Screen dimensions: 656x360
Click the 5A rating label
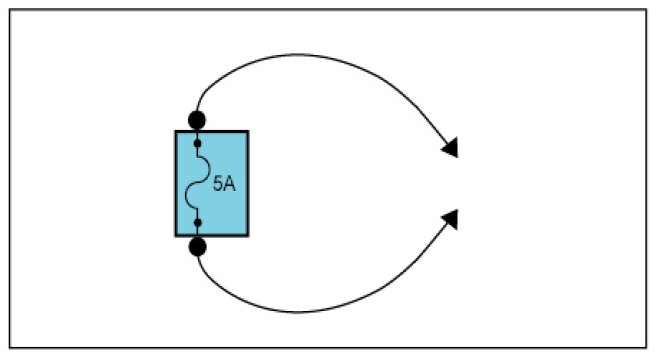click(x=224, y=184)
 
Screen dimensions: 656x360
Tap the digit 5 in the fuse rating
click(x=218, y=184)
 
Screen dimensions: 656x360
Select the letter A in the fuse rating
click(x=230, y=184)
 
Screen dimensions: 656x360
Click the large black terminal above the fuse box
click(x=197, y=120)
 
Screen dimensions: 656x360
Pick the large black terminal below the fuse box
click(x=197, y=247)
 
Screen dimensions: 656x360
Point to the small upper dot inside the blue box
click(x=198, y=144)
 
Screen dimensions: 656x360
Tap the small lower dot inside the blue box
click(x=198, y=223)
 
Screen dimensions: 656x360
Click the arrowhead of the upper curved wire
click(x=451, y=148)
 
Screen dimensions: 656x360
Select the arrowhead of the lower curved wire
click(x=451, y=219)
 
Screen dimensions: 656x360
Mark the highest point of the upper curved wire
click(x=298, y=54)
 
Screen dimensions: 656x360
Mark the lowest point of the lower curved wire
click(x=298, y=312)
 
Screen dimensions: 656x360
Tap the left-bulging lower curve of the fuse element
click(x=187, y=195)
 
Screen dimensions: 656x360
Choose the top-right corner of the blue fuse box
click(x=248, y=131)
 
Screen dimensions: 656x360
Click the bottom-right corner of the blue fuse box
click(x=248, y=236)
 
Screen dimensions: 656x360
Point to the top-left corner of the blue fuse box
click(x=176, y=131)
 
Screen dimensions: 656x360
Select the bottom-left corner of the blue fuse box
click(x=176, y=236)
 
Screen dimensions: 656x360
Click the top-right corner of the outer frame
click(x=646, y=10)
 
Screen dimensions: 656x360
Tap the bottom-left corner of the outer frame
click(x=10, y=347)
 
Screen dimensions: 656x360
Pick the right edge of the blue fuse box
click(x=248, y=184)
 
